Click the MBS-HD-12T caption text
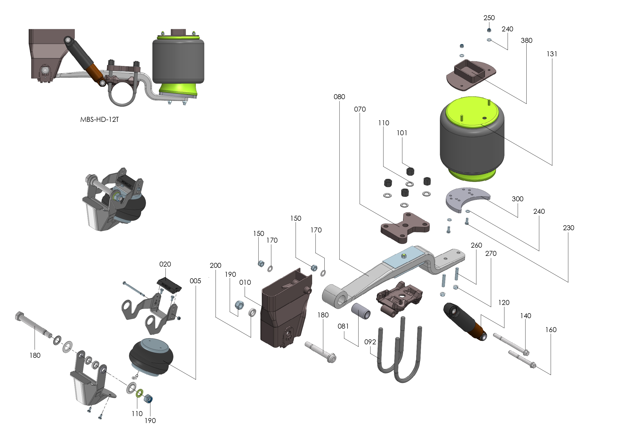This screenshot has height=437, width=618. pyautogui.click(x=99, y=120)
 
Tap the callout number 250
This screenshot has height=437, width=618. pyautogui.click(x=489, y=18)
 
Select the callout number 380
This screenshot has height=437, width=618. pyautogui.click(x=527, y=40)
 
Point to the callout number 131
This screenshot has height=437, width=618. pyautogui.click(x=552, y=54)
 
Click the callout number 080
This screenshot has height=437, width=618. pyautogui.click(x=339, y=97)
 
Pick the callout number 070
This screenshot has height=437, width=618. pyautogui.click(x=360, y=109)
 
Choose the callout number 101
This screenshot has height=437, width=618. pyautogui.click(x=402, y=133)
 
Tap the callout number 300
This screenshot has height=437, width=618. pyautogui.click(x=517, y=199)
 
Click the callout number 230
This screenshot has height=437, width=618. pyautogui.click(x=568, y=228)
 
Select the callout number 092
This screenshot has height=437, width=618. pyautogui.click(x=370, y=342)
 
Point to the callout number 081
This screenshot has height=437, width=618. pyautogui.click(x=343, y=326)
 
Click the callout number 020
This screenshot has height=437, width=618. pyautogui.click(x=165, y=264)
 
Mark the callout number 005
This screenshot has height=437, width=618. pyautogui.click(x=195, y=281)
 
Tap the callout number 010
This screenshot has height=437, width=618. pyautogui.click(x=245, y=282)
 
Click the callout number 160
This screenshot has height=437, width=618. pyautogui.click(x=551, y=330)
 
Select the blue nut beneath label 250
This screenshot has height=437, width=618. pyautogui.click(x=489, y=30)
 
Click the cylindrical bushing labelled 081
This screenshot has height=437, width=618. pyautogui.click(x=361, y=311)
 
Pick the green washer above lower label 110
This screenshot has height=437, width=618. pyautogui.click(x=139, y=393)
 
